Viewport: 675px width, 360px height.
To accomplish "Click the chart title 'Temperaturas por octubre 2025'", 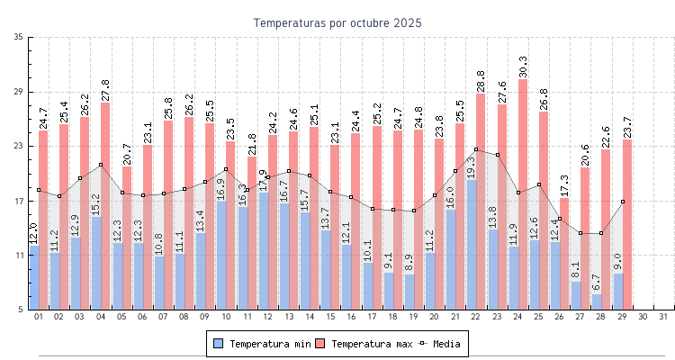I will (x=337, y=22).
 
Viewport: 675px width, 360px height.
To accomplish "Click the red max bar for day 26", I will (x=564, y=252).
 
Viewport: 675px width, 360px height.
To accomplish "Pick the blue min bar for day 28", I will (x=597, y=301).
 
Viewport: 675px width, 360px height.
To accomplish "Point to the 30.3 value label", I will (x=523, y=67).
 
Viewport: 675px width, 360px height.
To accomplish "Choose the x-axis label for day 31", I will (x=663, y=317).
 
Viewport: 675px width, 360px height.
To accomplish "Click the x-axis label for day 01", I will (x=38, y=317).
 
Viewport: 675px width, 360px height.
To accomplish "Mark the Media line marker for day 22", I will (x=476, y=149).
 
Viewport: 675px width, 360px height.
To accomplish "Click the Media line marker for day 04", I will (x=101, y=165).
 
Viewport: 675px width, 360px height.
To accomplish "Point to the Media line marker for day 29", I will (x=622, y=202).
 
